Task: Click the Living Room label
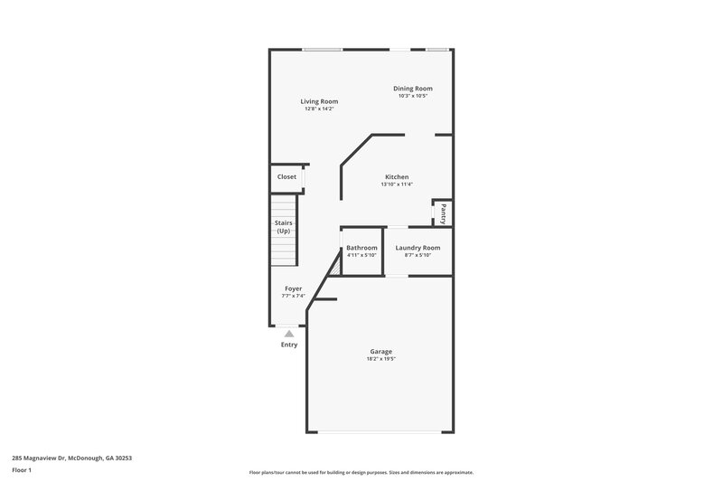coord(319,101)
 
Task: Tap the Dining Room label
coord(413,89)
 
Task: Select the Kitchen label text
coord(397,177)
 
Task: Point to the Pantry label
coord(443,213)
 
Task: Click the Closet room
coord(286,177)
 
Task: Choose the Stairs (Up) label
coord(284,227)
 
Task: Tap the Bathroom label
coord(361,248)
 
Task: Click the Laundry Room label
coord(418,248)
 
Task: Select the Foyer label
coord(294,288)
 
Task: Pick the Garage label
coord(380,352)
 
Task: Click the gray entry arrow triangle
coord(289,333)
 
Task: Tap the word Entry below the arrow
coord(289,345)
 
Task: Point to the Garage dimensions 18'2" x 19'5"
coord(380,359)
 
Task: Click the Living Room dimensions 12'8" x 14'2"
coord(319,109)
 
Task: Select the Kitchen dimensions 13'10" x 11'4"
coord(397,184)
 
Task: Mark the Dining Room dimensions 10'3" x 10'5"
coord(413,96)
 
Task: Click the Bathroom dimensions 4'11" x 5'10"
coord(361,255)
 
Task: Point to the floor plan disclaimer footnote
coord(361,472)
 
